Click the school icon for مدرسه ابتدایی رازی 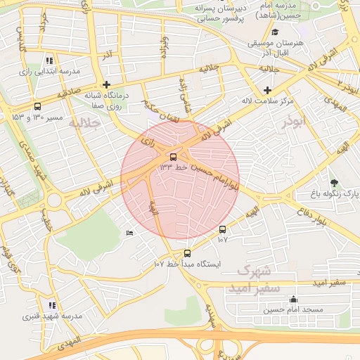click(49, 60)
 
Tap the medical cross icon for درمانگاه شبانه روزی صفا click(105, 84)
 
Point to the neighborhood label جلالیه click(84, 123)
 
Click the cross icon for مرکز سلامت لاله click(267, 90)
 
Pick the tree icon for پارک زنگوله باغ click(334, 183)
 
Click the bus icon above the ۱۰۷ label click(223, 229)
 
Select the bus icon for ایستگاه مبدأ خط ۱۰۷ click(187, 253)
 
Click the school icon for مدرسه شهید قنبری click(52, 305)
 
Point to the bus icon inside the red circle click(174, 157)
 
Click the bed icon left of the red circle click(129, 233)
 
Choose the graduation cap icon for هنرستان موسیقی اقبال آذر click(276, 32)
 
